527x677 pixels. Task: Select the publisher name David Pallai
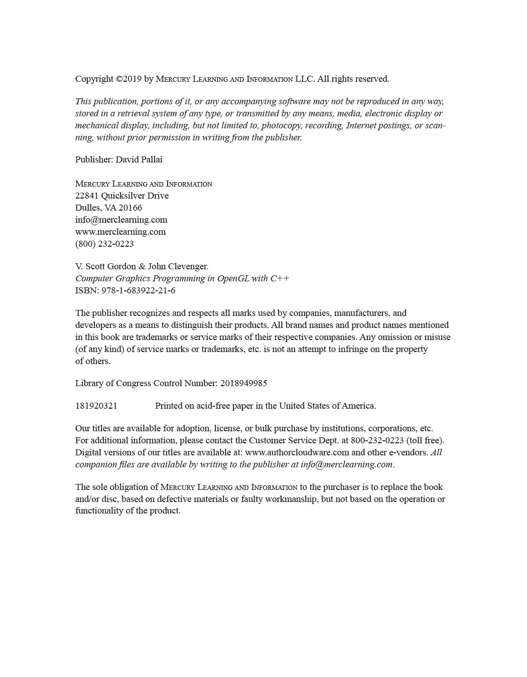point(139,159)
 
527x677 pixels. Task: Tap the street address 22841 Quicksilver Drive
point(122,196)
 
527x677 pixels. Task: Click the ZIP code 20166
point(130,208)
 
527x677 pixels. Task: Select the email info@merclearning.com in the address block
point(121,220)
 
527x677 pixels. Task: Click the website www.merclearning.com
point(120,232)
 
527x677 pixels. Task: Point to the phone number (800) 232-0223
point(104,244)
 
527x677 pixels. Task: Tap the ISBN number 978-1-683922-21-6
point(138,290)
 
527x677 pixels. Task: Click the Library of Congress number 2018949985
point(243,383)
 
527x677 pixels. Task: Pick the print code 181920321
point(96,406)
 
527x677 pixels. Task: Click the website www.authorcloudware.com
point(297,452)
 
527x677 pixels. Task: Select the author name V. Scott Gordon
point(105,266)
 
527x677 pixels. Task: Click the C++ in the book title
point(280,278)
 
